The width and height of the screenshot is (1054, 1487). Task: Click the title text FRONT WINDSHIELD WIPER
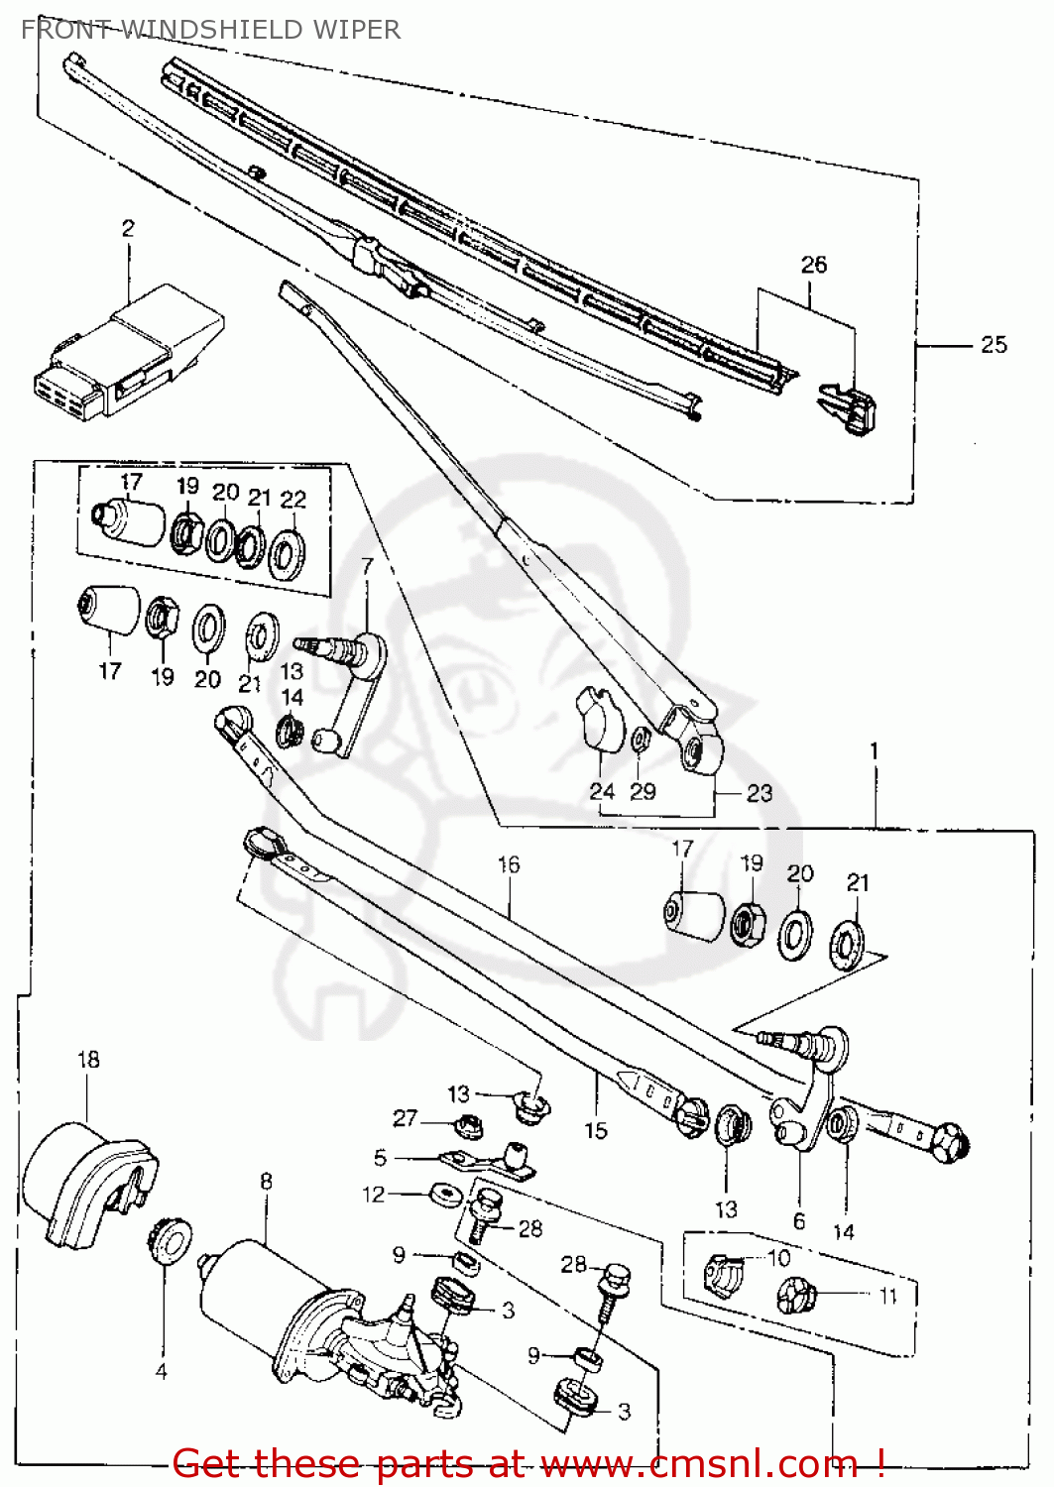click(x=210, y=30)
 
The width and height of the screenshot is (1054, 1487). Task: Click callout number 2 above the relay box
click(x=128, y=229)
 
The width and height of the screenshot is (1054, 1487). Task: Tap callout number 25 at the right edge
click(x=994, y=345)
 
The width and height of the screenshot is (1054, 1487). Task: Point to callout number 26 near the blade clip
click(x=813, y=265)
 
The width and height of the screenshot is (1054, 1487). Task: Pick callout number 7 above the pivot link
click(x=367, y=566)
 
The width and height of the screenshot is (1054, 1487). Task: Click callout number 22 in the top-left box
click(x=293, y=500)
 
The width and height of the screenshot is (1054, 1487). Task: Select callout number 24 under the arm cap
click(x=602, y=791)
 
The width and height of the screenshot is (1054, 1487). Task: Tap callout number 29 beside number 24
click(x=643, y=791)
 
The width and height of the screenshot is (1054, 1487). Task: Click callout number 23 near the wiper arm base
click(x=759, y=793)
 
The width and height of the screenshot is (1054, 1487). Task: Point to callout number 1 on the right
click(x=874, y=751)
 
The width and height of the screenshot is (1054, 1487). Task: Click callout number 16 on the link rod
click(x=509, y=864)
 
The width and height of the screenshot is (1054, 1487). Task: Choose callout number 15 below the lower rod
click(x=595, y=1130)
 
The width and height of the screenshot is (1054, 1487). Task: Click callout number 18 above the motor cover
click(x=88, y=1059)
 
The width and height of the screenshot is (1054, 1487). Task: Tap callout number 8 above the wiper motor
click(x=266, y=1182)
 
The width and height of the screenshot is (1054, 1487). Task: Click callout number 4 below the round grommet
click(x=161, y=1372)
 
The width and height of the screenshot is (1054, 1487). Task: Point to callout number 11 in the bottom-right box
click(x=887, y=1296)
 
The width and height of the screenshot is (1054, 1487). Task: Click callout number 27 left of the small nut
click(x=405, y=1118)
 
